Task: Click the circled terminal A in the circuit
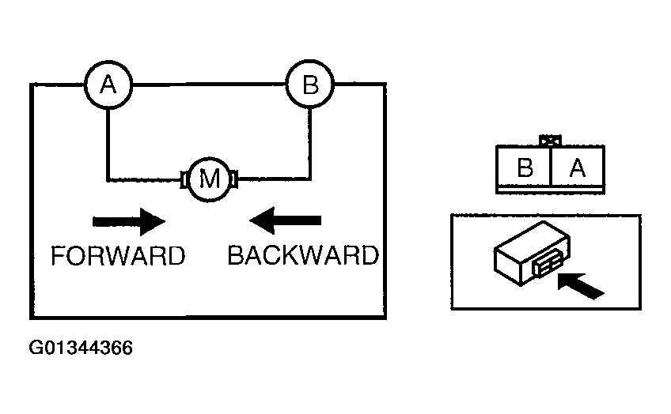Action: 108,85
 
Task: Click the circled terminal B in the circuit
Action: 310,85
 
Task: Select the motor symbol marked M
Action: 209,179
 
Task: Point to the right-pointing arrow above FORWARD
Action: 129,221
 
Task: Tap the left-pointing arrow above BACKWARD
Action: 286,220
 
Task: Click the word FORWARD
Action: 118,256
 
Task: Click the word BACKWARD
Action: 303,255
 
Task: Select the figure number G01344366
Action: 81,348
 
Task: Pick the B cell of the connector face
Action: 524,167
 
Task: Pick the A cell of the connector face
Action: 578,167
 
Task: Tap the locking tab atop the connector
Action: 550,141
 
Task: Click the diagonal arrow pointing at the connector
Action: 581,286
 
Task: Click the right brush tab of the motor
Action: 234,179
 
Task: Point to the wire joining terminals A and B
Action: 209,85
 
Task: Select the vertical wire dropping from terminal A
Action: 108,145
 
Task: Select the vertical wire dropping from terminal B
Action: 310,144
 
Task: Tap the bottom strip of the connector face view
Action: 550,190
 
